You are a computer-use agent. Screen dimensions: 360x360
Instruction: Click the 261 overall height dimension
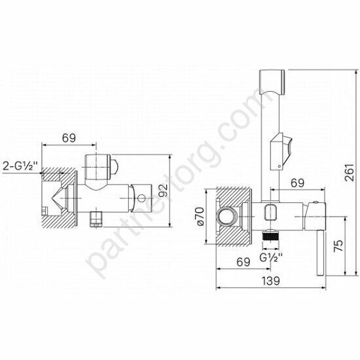point(351,172)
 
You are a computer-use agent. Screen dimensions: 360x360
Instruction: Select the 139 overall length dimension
point(271,281)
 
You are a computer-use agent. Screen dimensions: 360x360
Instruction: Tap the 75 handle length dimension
point(339,245)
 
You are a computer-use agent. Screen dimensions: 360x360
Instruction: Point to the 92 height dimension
point(164,190)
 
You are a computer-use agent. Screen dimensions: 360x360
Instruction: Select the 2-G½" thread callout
point(20,166)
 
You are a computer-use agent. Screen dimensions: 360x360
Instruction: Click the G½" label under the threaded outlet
point(271,258)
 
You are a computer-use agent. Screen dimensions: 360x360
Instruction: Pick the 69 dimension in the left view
point(69,138)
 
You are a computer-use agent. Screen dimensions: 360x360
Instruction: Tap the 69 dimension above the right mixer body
point(298,183)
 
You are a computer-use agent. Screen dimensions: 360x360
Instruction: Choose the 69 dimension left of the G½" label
point(243,262)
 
